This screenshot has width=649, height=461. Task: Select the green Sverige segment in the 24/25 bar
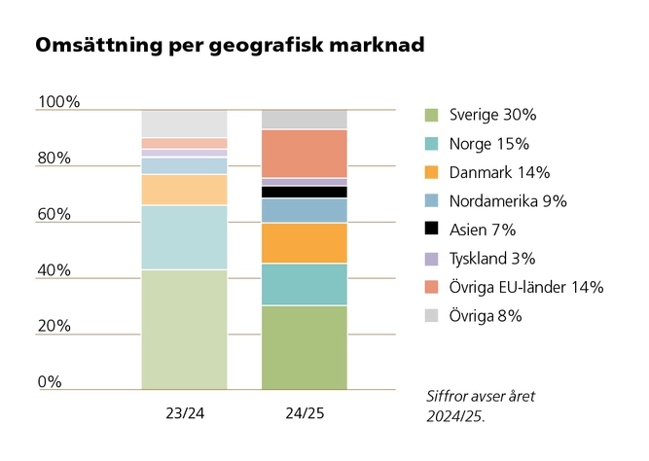click(x=305, y=347)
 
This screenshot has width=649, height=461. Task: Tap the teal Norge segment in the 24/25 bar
click(x=305, y=284)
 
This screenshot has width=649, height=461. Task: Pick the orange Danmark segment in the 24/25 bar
click(x=305, y=243)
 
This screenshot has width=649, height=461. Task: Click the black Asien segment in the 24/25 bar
click(x=305, y=192)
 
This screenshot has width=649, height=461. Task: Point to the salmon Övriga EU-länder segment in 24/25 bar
click(x=305, y=154)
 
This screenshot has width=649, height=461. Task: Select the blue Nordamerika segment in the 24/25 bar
click(x=305, y=210)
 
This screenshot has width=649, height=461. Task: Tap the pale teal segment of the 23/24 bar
click(x=184, y=237)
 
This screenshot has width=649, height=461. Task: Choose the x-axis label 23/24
click(x=184, y=413)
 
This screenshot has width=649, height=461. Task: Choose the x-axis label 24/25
click(x=305, y=413)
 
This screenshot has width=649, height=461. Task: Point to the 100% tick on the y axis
click(x=58, y=102)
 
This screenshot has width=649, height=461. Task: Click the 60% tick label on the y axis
click(x=54, y=214)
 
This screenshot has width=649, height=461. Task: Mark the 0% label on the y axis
click(x=50, y=381)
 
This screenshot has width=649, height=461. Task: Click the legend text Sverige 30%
click(x=492, y=115)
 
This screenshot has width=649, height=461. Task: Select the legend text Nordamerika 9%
click(x=508, y=201)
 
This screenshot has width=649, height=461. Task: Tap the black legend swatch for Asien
click(x=431, y=230)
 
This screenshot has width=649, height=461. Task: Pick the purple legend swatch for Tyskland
click(x=431, y=259)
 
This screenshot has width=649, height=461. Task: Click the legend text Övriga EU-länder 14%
click(x=526, y=287)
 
